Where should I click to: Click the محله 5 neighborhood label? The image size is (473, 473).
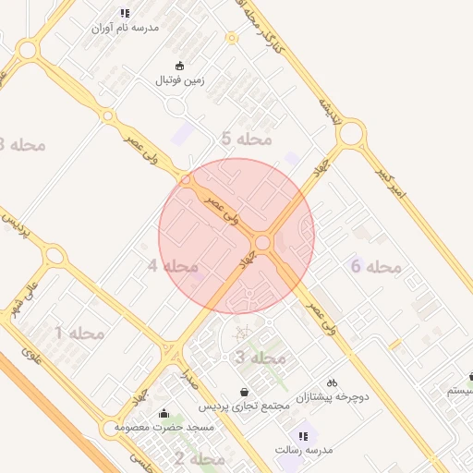coord(247,139)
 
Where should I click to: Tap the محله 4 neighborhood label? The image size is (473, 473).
coord(174,266)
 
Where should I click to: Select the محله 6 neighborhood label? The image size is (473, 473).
coord(376,267)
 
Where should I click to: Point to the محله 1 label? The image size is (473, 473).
coord(79,333)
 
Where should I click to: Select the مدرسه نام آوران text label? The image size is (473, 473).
coord(126,28)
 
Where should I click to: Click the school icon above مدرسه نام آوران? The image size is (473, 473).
coord(125,13)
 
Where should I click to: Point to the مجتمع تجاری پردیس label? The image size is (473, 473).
coord(242,406)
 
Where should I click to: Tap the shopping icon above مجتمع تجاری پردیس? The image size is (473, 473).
coord(243,392)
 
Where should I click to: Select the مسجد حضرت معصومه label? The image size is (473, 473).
coord(164,429)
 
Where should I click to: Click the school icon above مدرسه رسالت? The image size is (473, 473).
coord(302,435)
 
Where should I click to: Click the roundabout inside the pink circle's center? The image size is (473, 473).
coord(263,242)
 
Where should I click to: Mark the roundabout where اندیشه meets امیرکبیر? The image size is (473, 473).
coord(350,135)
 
